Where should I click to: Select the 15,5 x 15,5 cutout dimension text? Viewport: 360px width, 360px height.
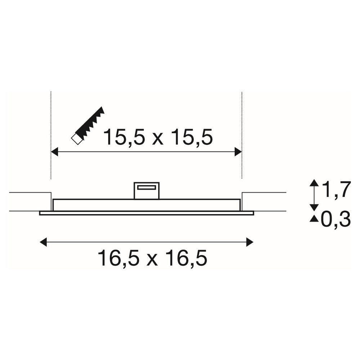pos(158,137)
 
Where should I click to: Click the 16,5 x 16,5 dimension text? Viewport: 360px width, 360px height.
pos(152,258)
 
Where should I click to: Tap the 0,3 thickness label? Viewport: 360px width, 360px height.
pos(336,219)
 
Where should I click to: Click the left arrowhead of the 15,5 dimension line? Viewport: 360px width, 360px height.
pos(54,152)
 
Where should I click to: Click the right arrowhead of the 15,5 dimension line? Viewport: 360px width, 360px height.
pos(238,152)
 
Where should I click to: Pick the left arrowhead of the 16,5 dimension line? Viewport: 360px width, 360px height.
pos(44,242)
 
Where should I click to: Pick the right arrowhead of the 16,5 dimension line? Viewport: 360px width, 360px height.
pos(249,242)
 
